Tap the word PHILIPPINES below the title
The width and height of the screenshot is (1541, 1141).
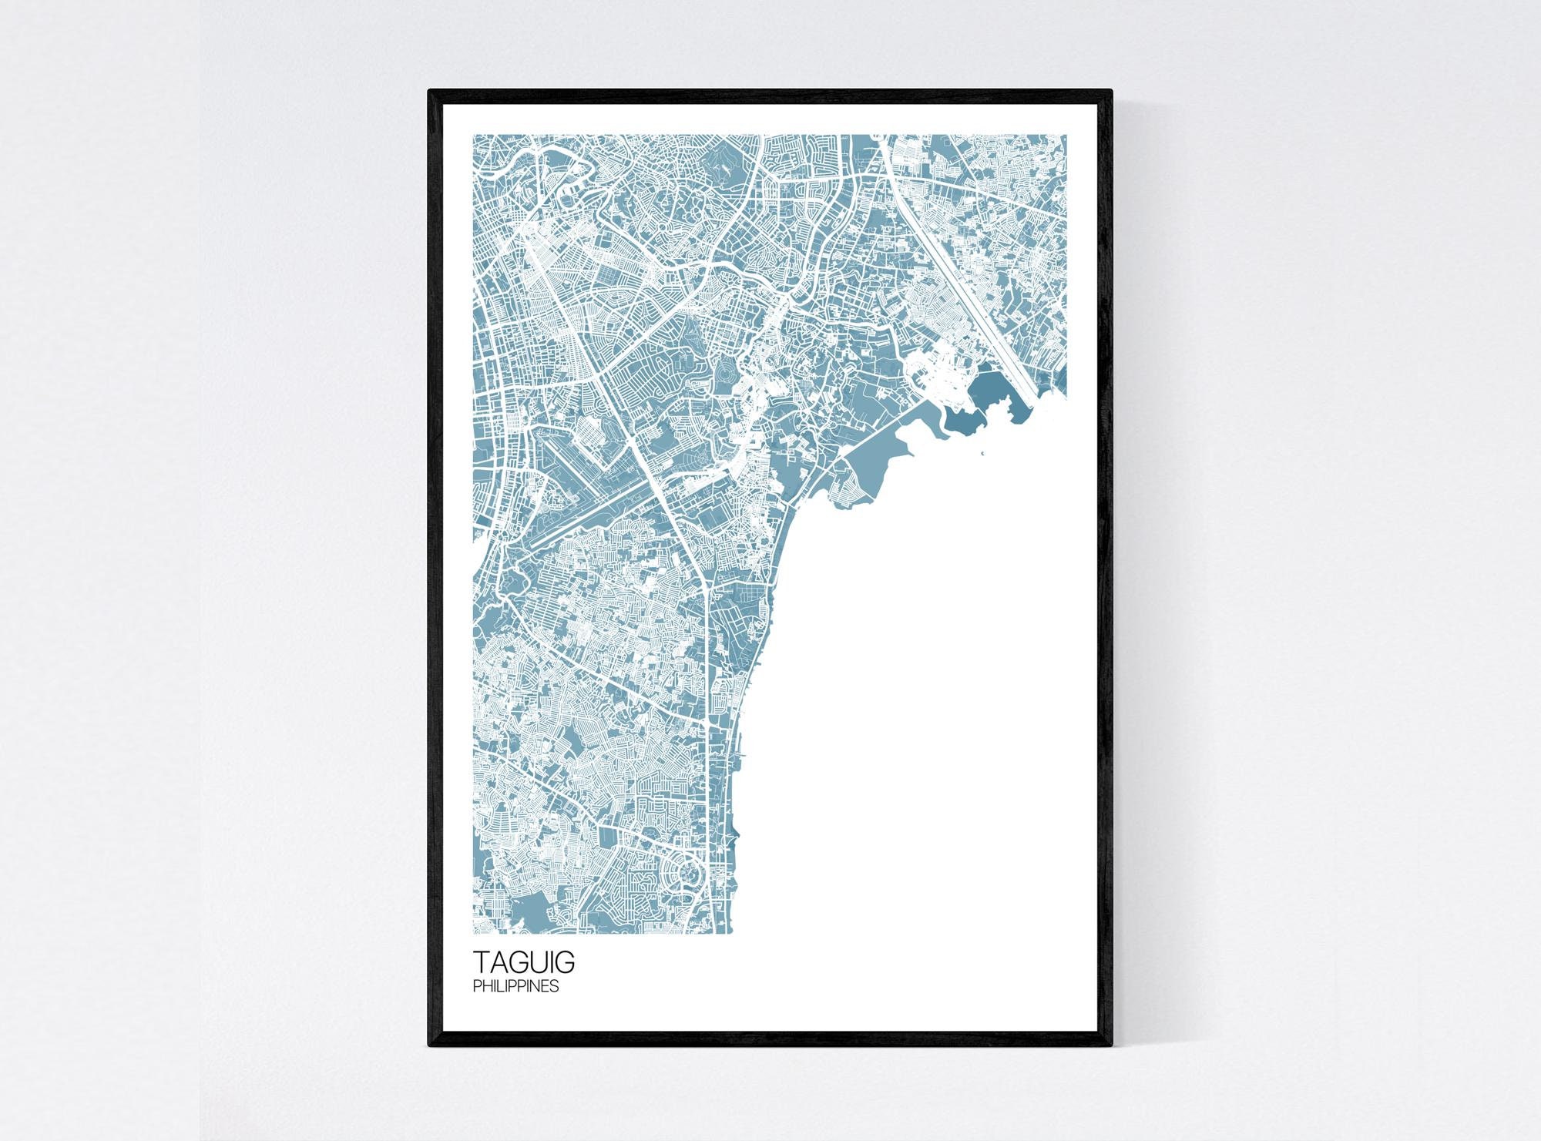(515, 986)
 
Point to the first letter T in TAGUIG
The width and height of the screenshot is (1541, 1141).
(480, 964)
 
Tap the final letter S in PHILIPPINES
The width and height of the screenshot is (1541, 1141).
(556, 986)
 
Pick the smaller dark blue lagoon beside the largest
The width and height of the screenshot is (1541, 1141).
(963, 421)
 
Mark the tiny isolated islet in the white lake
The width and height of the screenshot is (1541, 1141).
(983, 452)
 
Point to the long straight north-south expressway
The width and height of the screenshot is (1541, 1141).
(707, 693)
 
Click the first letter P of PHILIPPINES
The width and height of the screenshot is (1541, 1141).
(475, 986)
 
